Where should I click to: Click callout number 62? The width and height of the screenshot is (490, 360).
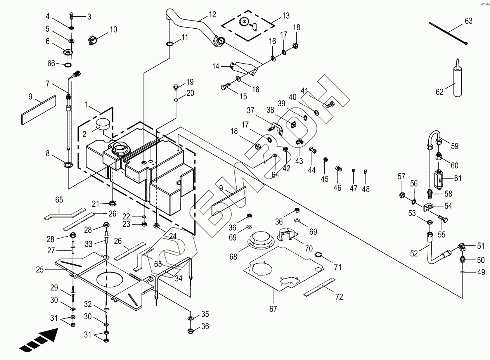point(439,92)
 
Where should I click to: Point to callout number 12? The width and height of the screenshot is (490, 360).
point(212,15)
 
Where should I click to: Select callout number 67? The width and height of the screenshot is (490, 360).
point(274,309)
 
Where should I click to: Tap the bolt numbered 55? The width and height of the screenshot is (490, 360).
point(443,219)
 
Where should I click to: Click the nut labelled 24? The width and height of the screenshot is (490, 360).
point(157,225)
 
